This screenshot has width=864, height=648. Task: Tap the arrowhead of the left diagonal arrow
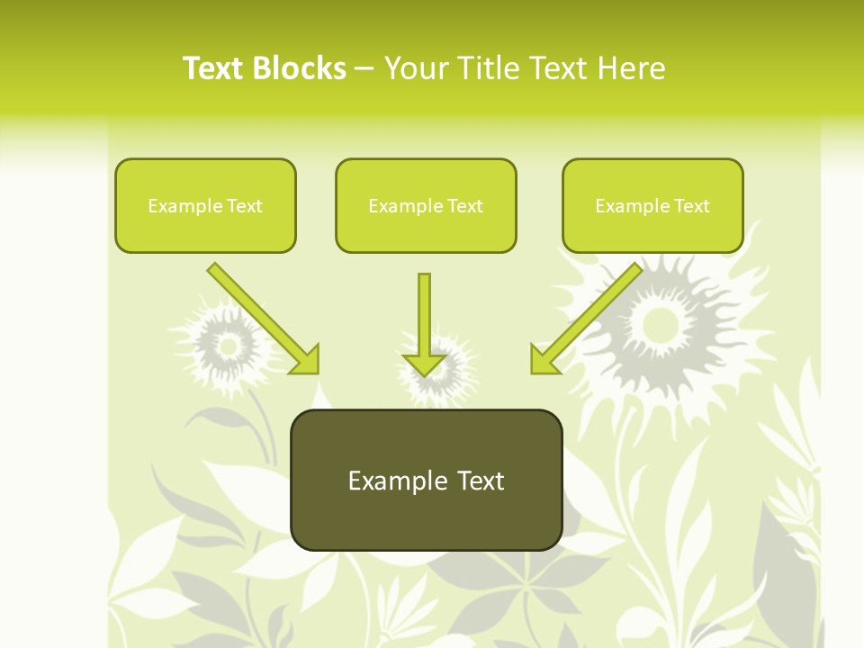(305, 359)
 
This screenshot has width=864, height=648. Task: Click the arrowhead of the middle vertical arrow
(424, 364)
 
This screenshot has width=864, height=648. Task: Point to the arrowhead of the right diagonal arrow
(544, 359)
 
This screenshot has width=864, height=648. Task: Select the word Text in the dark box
(479, 481)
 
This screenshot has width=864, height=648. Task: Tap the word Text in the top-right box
(692, 206)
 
